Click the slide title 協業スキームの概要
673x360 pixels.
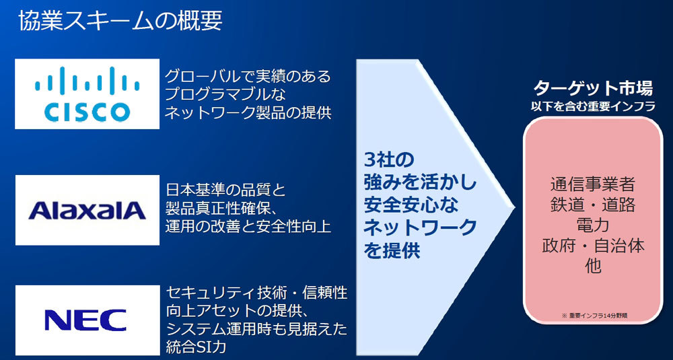pyautogui.click(x=120, y=22)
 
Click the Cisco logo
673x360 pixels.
pyautogui.click(x=87, y=94)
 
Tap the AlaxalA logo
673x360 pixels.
pyautogui.click(x=87, y=210)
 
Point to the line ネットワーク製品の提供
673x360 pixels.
pyautogui.click(x=248, y=112)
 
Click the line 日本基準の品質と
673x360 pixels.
pyautogui.click(x=225, y=190)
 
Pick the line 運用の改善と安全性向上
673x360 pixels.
pyautogui.click(x=248, y=227)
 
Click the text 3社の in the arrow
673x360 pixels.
pyautogui.click(x=388, y=160)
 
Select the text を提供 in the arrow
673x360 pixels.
pyautogui.click(x=392, y=251)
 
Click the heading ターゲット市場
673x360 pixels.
pyautogui.click(x=593, y=89)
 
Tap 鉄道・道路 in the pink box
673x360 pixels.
pyautogui.click(x=592, y=205)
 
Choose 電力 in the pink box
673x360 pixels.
pyautogui.click(x=592, y=225)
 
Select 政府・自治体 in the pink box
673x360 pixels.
pyautogui.click(x=592, y=246)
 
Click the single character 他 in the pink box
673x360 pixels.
pyautogui.click(x=592, y=267)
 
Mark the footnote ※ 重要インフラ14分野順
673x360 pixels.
pyautogui.click(x=592, y=316)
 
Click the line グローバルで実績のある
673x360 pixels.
pyautogui.click(x=248, y=77)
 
